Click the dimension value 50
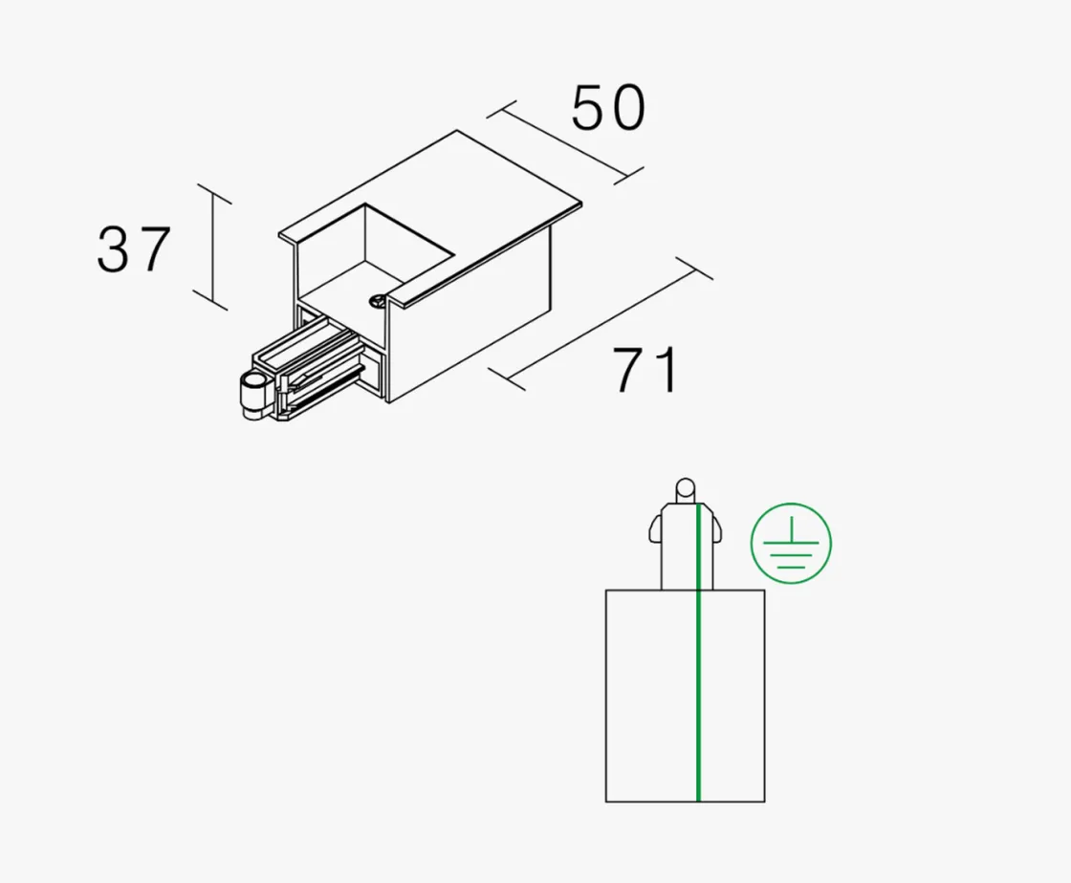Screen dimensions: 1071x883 coord(608,108)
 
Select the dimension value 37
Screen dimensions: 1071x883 coord(133,249)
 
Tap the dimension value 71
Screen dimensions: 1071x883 coord(645,370)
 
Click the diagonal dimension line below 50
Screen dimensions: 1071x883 coord(565,142)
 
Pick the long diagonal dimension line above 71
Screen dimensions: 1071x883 coord(601,323)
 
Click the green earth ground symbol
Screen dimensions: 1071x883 coord(791,543)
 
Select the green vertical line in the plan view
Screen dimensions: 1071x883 coord(698,653)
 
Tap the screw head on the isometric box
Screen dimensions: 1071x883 coord(377,299)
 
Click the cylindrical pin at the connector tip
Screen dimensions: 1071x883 coord(252,396)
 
